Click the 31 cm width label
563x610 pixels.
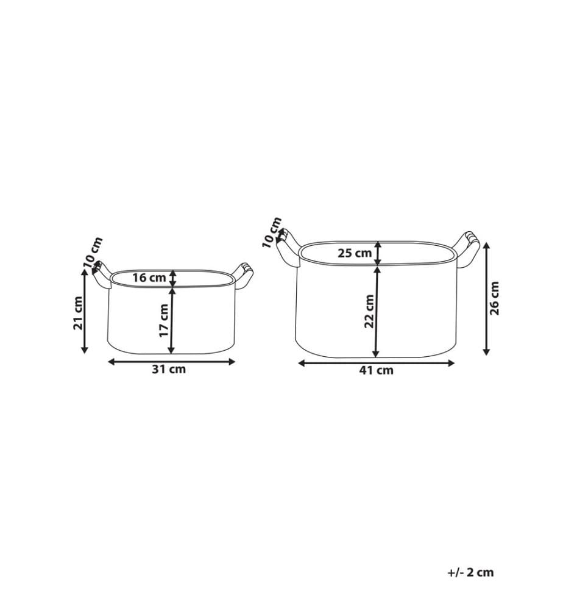(x=169, y=369)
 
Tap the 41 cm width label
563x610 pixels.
(x=376, y=370)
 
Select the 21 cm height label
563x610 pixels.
(x=78, y=313)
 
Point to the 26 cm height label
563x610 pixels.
(x=494, y=298)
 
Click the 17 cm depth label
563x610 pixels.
(x=164, y=321)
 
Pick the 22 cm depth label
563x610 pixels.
(x=369, y=312)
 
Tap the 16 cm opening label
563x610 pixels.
(x=149, y=278)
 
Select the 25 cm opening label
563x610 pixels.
(x=355, y=253)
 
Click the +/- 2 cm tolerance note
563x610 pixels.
(x=470, y=572)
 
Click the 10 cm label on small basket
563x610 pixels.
(x=93, y=253)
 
